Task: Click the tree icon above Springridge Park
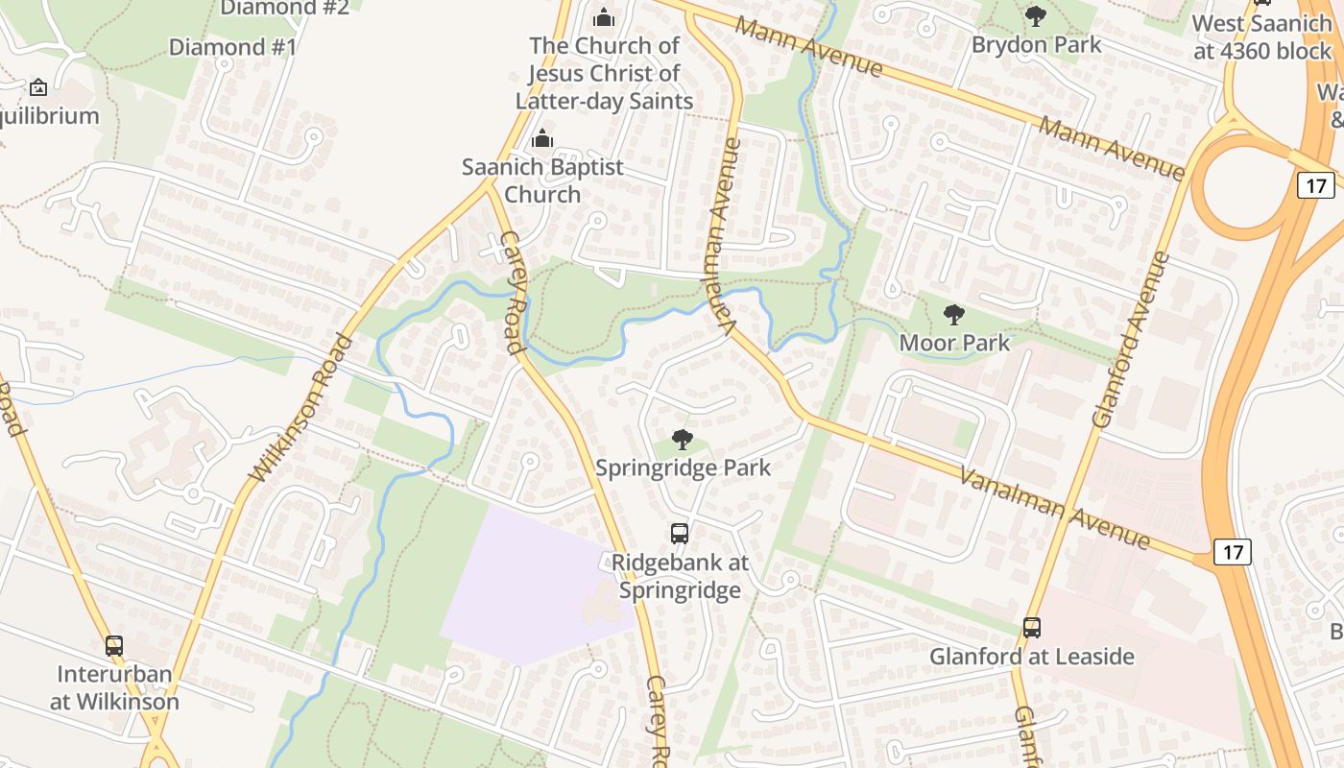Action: (x=682, y=440)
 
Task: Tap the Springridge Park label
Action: (x=683, y=468)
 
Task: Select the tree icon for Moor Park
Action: (x=953, y=314)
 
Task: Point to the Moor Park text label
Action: (x=954, y=343)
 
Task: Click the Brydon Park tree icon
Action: (x=1035, y=15)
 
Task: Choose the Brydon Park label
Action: (x=1036, y=44)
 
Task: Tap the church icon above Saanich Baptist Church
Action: (x=542, y=138)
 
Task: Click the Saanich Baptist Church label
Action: (x=542, y=180)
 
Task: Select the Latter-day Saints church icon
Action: (x=603, y=17)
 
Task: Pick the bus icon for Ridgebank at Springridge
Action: (x=679, y=534)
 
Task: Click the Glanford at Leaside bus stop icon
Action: (x=1031, y=628)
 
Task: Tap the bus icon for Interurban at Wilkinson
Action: (x=114, y=645)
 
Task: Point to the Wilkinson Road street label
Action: (x=301, y=408)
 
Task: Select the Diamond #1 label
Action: (x=232, y=46)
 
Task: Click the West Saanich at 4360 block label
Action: (x=1262, y=36)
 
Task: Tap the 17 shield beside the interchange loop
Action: (x=1314, y=184)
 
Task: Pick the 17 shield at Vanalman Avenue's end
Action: (x=1233, y=552)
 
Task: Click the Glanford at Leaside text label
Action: (x=1031, y=657)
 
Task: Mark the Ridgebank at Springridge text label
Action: (x=680, y=576)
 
